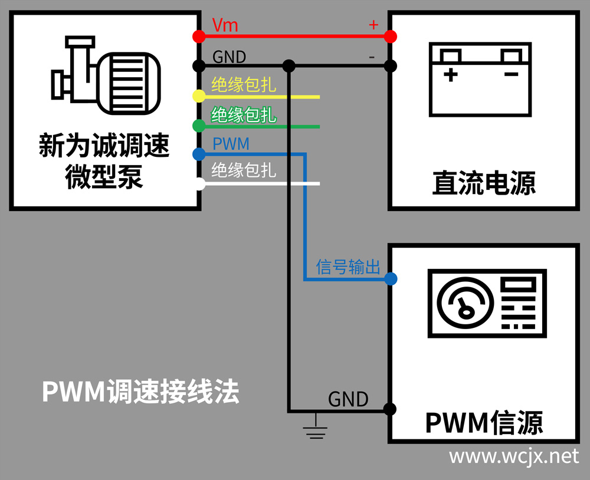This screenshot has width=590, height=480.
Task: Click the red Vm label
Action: [x=225, y=25]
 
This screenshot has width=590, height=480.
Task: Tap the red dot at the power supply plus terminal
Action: [x=390, y=37]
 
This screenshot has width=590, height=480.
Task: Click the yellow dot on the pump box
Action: [x=199, y=96]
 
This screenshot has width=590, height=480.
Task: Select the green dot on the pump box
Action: [x=199, y=126]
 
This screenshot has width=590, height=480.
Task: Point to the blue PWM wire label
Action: [x=230, y=144]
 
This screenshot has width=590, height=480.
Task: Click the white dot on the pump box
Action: [x=199, y=184]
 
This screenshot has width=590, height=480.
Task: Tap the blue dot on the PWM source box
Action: [x=390, y=278]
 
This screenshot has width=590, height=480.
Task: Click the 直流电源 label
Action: [x=484, y=183]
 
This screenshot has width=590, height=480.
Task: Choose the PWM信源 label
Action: [x=484, y=422]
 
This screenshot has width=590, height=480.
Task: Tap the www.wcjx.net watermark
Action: [x=513, y=456]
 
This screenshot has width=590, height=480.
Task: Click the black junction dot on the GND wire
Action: [x=289, y=65]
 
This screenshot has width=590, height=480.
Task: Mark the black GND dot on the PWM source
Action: [x=389, y=409]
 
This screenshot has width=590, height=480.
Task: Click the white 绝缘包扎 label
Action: [x=244, y=171]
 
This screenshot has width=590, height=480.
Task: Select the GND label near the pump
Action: [x=229, y=57]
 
